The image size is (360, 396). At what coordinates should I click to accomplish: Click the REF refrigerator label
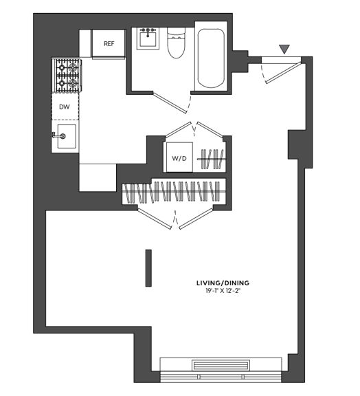tap(109, 44)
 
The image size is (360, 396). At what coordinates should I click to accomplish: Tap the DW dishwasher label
tap(65, 107)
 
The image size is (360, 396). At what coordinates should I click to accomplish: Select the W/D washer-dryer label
tap(179, 159)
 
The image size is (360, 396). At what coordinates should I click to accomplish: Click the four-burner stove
tap(66, 76)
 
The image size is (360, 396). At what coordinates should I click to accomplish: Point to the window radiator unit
tap(220, 366)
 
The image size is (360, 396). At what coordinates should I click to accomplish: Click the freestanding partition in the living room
tap(148, 267)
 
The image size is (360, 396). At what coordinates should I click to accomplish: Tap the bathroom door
tap(169, 103)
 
